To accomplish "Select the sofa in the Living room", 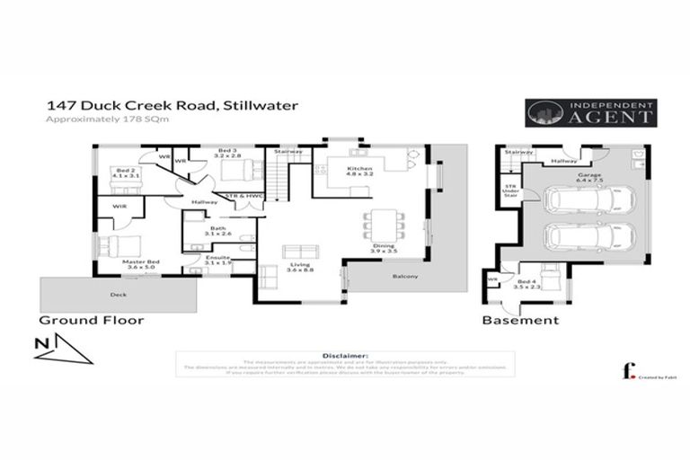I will point(296,252).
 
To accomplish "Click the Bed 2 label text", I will point(125,172).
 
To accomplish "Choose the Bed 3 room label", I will point(228,154).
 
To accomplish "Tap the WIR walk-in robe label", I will point(119,208).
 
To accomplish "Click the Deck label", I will point(117,294).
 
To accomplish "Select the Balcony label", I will point(404,276).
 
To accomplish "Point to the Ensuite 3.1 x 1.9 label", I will point(219,261).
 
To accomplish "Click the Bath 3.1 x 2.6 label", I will point(218,232).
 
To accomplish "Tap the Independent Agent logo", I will point(591,112).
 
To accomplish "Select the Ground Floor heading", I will point(91,320).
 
